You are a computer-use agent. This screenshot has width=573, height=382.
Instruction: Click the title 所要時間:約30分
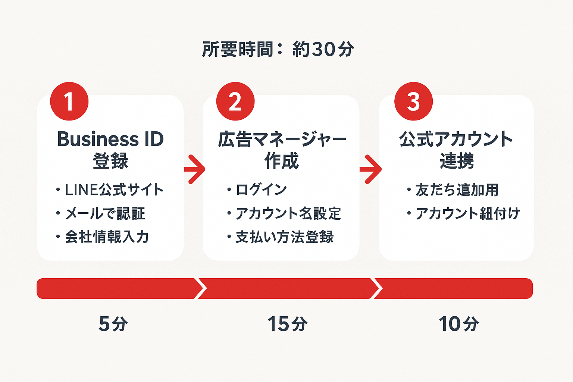(x=278, y=49)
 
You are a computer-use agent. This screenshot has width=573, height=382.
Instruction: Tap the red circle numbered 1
(x=69, y=101)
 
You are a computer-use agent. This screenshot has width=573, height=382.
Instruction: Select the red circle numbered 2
(x=235, y=101)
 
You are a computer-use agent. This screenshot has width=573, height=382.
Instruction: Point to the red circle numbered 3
(x=413, y=101)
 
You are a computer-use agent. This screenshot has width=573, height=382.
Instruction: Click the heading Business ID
(x=110, y=140)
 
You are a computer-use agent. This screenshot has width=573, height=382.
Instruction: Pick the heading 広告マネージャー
(x=282, y=140)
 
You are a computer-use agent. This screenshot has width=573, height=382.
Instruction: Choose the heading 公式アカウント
(x=456, y=140)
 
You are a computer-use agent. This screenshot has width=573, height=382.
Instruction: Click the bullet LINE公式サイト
(x=114, y=190)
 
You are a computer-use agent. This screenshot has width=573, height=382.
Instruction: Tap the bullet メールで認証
(x=105, y=213)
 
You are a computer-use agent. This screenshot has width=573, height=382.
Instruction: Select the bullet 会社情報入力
(x=107, y=237)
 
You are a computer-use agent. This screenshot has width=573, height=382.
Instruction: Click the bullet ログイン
(x=261, y=190)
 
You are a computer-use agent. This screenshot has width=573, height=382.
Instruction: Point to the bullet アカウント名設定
(x=288, y=213)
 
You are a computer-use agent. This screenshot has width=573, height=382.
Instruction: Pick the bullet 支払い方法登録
(x=284, y=237)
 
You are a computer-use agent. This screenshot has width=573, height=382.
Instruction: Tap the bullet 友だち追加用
(x=457, y=190)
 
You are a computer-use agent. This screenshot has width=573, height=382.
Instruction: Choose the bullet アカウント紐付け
(x=467, y=213)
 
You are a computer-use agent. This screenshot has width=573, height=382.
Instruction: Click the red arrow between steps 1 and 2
(x=194, y=169)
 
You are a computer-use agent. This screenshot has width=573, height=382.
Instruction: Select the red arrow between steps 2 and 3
(x=370, y=169)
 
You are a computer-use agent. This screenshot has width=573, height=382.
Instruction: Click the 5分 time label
(x=113, y=323)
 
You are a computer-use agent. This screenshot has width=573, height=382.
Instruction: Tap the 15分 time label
(x=287, y=323)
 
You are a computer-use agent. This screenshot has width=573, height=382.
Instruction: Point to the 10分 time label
(x=458, y=323)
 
